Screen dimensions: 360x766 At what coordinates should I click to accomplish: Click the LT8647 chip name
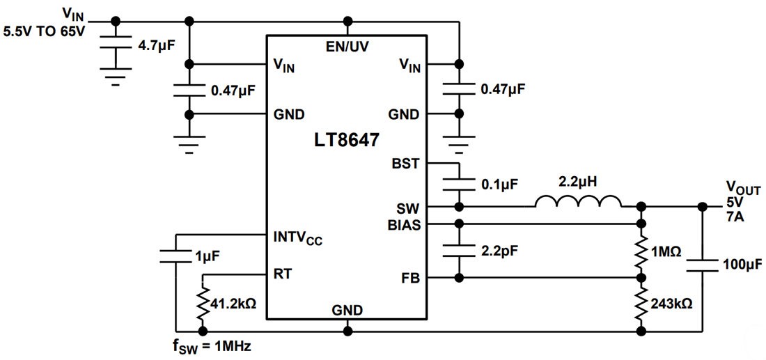coord(346,140)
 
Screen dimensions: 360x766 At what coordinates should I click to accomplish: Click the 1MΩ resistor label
coord(666,251)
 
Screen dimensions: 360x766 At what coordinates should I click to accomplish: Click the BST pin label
coord(406,163)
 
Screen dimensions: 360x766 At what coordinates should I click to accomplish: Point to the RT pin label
coord(282,273)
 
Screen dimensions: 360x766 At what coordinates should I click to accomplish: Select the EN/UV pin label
coord(347,47)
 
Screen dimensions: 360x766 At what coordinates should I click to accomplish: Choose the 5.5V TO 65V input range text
coord(43,31)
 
